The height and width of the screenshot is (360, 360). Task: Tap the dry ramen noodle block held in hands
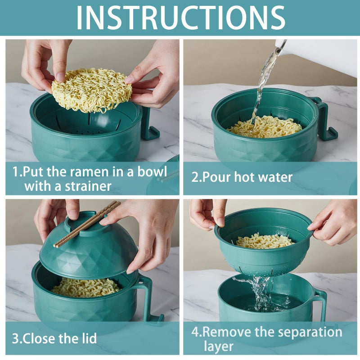click(x=91, y=90)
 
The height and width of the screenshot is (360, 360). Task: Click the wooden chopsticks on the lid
click(x=88, y=223)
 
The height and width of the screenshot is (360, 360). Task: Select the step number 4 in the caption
click(x=195, y=333)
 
